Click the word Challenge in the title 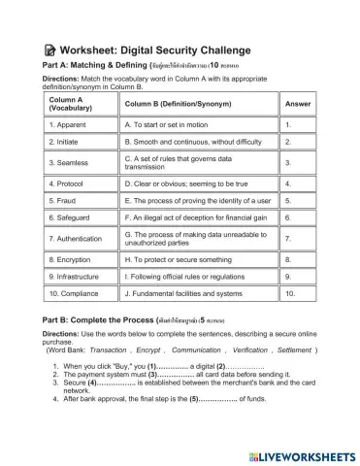click(x=219, y=50)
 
